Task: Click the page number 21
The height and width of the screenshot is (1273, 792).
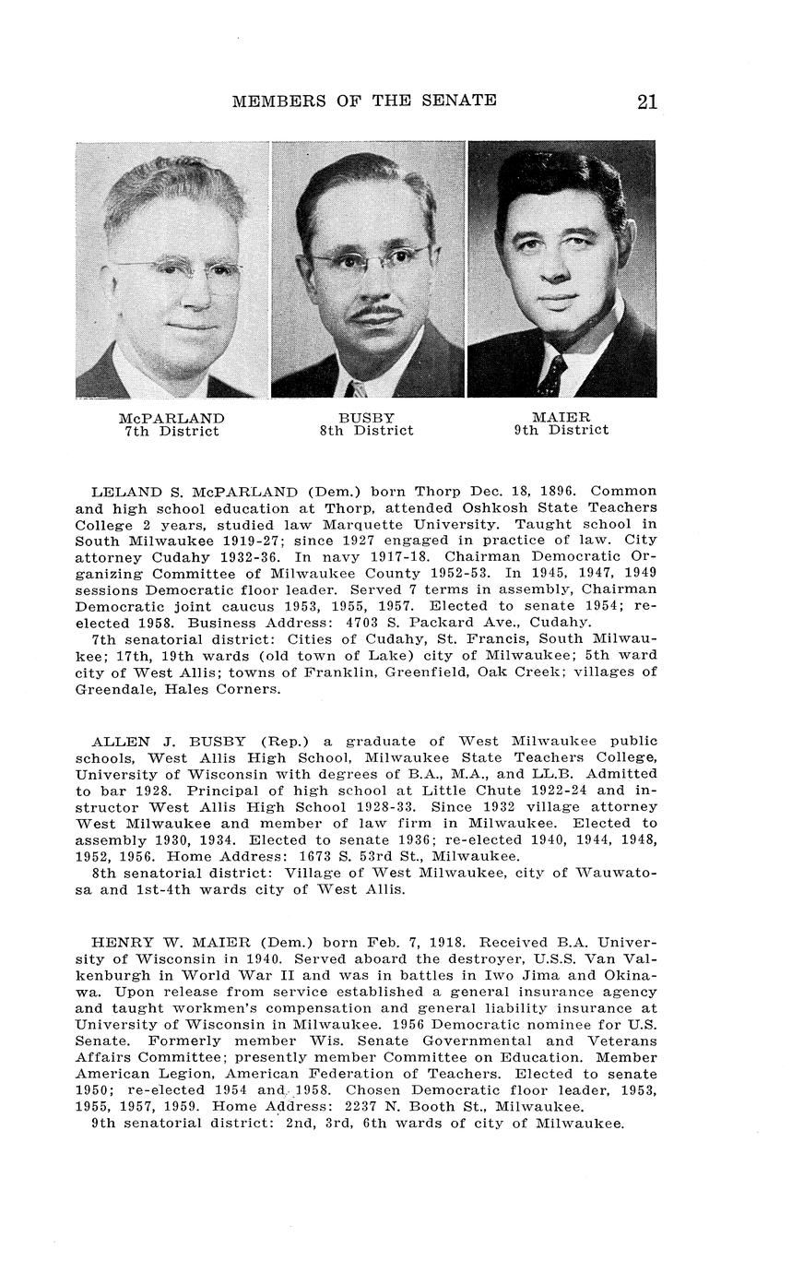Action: click(646, 101)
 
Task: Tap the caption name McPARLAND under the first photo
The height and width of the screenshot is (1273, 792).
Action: click(172, 418)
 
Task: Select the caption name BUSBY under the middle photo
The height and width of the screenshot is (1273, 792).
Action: click(366, 418)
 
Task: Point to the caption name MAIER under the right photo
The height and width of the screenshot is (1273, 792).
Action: click(561, 417)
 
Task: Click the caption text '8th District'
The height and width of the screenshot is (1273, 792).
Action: click(366, 431)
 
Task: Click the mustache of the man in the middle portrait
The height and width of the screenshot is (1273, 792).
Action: click(374, 315)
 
